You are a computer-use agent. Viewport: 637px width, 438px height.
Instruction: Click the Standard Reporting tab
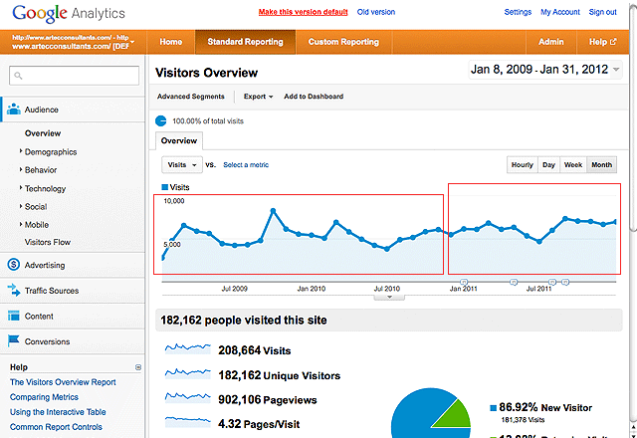245,42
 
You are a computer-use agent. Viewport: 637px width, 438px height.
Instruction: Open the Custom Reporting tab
343,42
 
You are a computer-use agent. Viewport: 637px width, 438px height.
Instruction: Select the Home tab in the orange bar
171,42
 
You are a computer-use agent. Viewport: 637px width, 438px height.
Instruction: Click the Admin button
550,42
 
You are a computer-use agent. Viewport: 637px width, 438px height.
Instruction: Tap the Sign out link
603,12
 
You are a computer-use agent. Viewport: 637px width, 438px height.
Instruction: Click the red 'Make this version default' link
303,12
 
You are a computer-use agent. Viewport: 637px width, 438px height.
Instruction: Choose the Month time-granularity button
601,164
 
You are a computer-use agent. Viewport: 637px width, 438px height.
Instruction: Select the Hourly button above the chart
522,164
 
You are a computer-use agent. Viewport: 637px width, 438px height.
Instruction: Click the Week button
573,164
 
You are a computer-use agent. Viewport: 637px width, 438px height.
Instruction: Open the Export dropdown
258,97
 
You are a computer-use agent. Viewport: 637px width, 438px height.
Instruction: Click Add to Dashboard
314,97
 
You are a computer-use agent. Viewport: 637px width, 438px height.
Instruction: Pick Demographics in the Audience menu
51,152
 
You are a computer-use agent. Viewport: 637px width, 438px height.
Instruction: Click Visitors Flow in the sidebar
48,242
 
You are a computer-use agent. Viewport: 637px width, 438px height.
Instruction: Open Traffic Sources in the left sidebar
51,291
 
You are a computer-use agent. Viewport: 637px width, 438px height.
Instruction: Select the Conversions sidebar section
48,341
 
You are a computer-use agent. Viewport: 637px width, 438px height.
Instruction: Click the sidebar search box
76,76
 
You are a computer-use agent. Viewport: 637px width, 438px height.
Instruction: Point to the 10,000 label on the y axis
174,201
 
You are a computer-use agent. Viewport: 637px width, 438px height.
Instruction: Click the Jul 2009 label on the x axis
233,289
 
